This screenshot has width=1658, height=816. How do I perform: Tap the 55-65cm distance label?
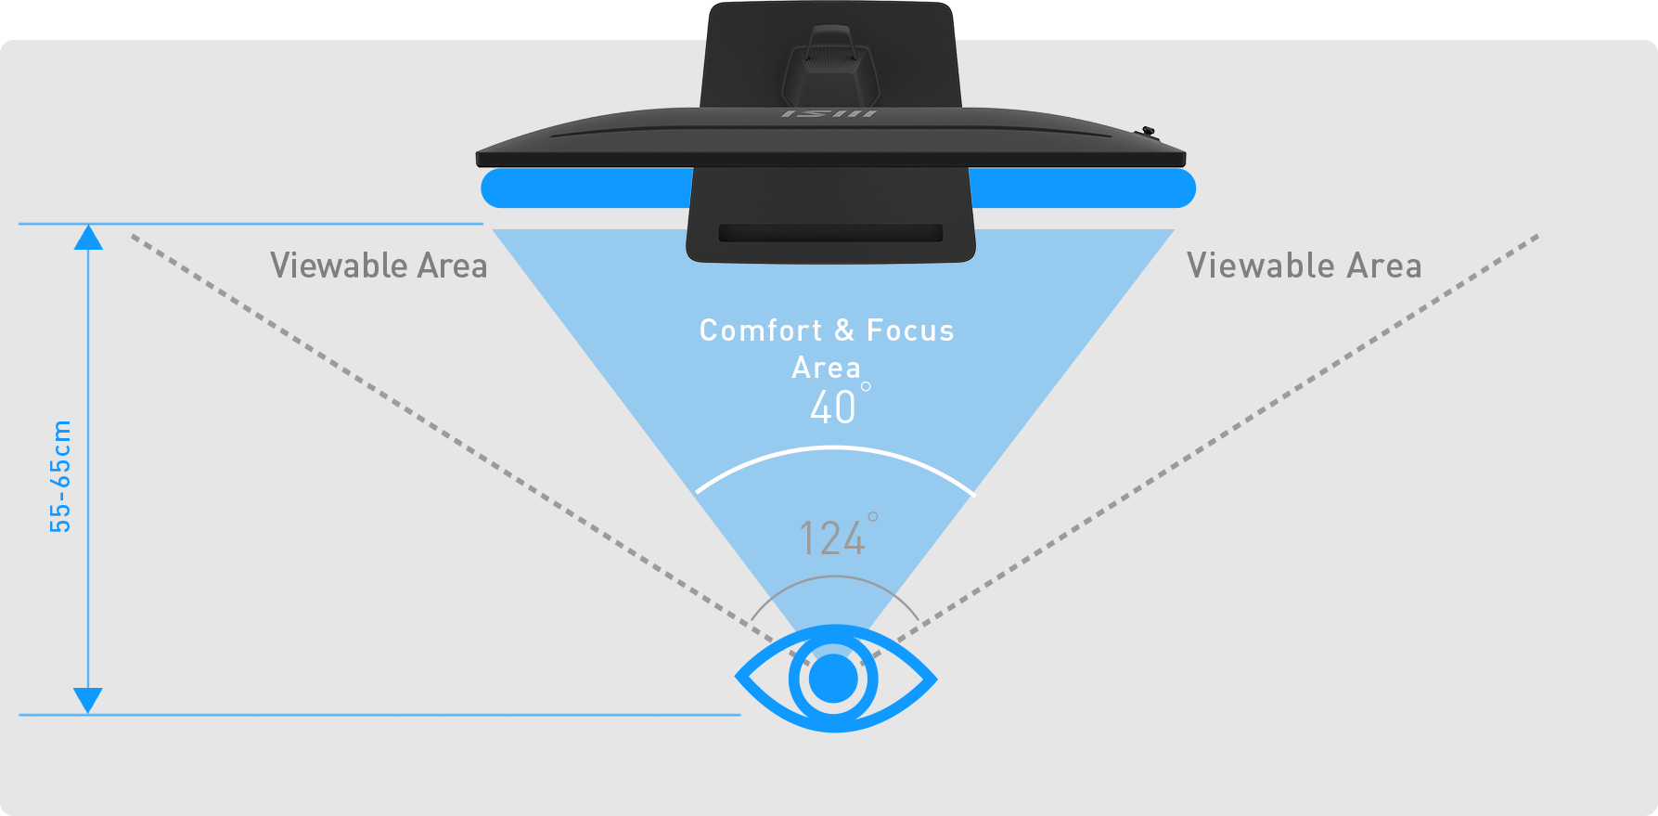(60, 476)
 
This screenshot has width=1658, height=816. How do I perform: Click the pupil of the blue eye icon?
(833, 679)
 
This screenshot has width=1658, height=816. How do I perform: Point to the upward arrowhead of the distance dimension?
(88, 238)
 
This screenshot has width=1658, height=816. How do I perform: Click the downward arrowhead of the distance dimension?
(88, 701)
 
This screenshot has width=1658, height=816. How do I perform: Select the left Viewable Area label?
(379, 266)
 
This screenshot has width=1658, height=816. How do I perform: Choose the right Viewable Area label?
(1304, 266)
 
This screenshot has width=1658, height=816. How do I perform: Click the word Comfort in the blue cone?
(761, 330)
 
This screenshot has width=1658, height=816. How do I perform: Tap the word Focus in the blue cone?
(910, 330)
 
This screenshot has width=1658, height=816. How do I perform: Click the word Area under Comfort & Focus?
(826, 368)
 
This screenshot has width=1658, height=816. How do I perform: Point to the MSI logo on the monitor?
(829, 113)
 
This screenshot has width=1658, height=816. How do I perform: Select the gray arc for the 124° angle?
(834, 577)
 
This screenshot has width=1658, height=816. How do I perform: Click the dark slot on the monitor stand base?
(830, 233)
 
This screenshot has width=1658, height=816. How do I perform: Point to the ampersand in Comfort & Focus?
(844, 330)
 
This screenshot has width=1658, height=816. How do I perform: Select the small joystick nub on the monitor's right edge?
(1149, 133)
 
